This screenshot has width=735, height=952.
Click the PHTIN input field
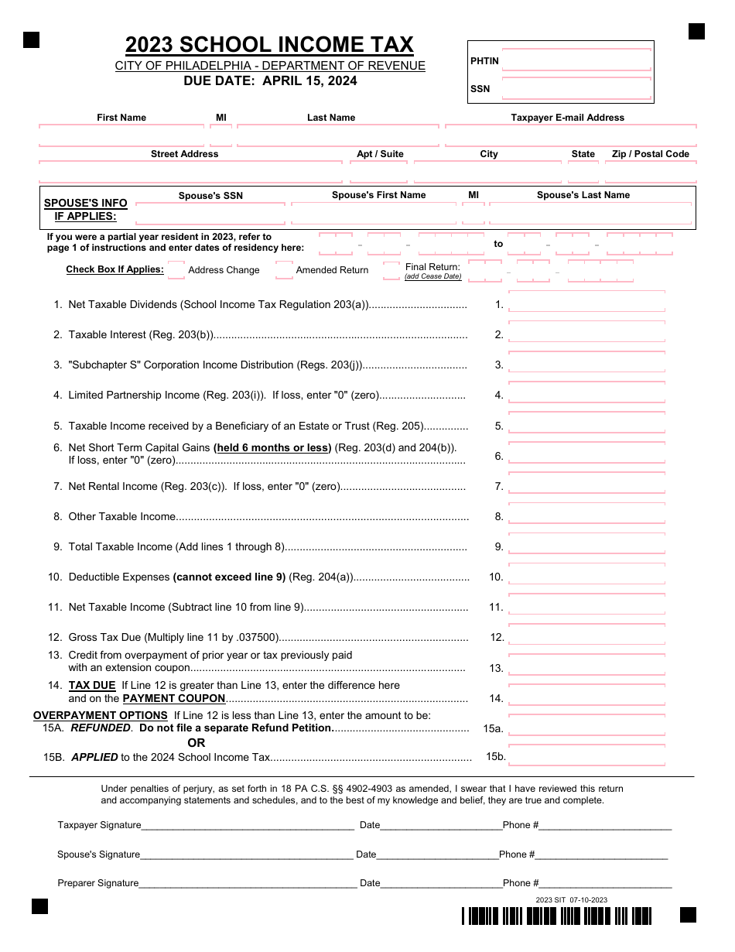(576, 61)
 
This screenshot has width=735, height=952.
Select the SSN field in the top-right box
(576, 89)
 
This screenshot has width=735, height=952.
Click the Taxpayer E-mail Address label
(567, 118)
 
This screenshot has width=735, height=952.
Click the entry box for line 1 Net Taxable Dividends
(586, 305)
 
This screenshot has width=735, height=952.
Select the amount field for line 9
(586, 547)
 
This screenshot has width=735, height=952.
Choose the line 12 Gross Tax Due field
(586, 638)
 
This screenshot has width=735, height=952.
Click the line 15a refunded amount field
(586, 728)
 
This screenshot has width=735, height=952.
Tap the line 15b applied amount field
(586, 757)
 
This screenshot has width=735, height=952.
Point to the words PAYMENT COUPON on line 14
(174, 698)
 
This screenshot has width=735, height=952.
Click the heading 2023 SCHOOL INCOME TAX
(269, 45)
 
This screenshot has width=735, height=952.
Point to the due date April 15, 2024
(270, 81)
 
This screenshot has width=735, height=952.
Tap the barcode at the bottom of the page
(557, 916)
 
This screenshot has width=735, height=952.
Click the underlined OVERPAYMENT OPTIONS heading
(101, 715)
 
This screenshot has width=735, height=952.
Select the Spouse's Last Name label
(583, 195)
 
